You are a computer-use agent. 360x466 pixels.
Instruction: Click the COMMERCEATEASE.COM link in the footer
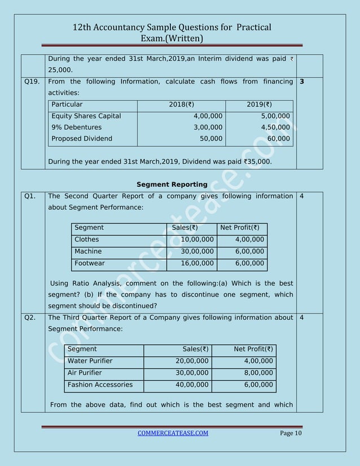(x=173, y=433)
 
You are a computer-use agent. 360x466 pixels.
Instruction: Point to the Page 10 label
(x=291, y=433)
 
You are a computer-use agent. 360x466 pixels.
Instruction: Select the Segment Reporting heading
(x=172, y=184)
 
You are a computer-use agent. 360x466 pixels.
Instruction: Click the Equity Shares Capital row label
(x=86, y=116)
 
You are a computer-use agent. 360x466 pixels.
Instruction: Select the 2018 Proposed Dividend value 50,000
(x=211, y=139)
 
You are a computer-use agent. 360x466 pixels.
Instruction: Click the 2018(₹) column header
(x=181, y=104)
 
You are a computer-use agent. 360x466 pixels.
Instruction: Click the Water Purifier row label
(x=90, y=361)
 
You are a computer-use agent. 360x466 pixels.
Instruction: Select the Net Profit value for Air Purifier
(x=258, y=373)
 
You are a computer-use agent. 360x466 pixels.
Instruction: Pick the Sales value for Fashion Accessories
(x=192, y=385)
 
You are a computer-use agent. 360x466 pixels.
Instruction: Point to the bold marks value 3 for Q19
(x=302, y=82)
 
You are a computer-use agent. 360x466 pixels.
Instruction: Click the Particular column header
(x=67, y=104)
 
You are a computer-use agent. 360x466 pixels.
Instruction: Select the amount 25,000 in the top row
(x=61, y=71)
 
